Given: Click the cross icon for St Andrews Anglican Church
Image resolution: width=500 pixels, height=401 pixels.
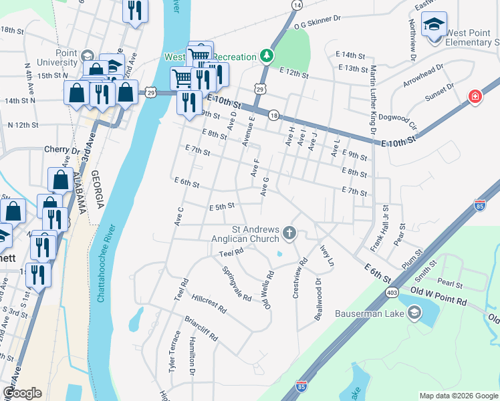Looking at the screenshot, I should click(289, 233).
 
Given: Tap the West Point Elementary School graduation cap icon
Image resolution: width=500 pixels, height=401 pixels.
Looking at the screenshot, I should click(434, 25).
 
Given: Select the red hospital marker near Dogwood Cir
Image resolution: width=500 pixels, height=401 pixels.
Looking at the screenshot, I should click(475, 97).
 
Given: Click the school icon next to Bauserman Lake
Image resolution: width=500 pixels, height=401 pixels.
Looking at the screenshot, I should click(414, 312).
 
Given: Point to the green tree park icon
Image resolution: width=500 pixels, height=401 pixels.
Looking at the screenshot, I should click(267, 54).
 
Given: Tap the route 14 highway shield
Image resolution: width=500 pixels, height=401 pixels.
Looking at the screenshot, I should click(296, 5).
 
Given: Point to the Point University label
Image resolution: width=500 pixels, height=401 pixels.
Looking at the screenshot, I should click(66, 57).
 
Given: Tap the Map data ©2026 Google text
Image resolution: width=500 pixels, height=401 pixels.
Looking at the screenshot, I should click(459, 396).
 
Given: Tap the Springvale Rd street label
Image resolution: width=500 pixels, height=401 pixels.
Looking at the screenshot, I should click(237, 283).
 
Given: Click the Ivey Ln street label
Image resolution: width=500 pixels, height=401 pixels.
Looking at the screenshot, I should click(327, 256).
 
